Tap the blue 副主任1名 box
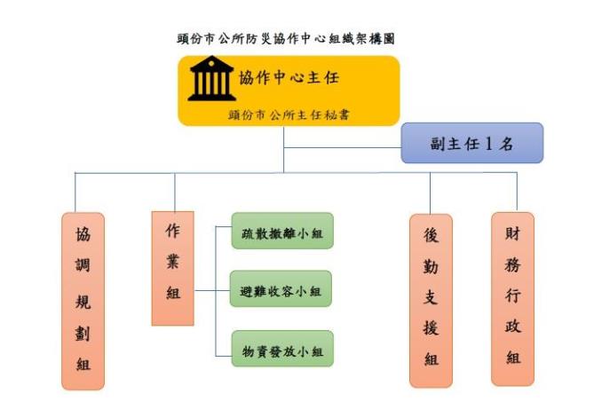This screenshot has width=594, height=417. (x=471, y=143)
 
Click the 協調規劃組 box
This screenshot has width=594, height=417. (x=83, y=300)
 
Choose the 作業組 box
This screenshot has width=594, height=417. (x=173, y=267)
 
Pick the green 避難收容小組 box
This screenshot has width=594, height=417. (x=281, y=290)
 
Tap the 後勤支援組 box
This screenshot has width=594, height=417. (x=431, y=300)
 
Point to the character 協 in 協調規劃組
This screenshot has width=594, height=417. (x=83, y=235)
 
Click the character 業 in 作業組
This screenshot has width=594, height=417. (x=173, y=261)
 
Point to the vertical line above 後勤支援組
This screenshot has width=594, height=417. (x=431, y=193)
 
